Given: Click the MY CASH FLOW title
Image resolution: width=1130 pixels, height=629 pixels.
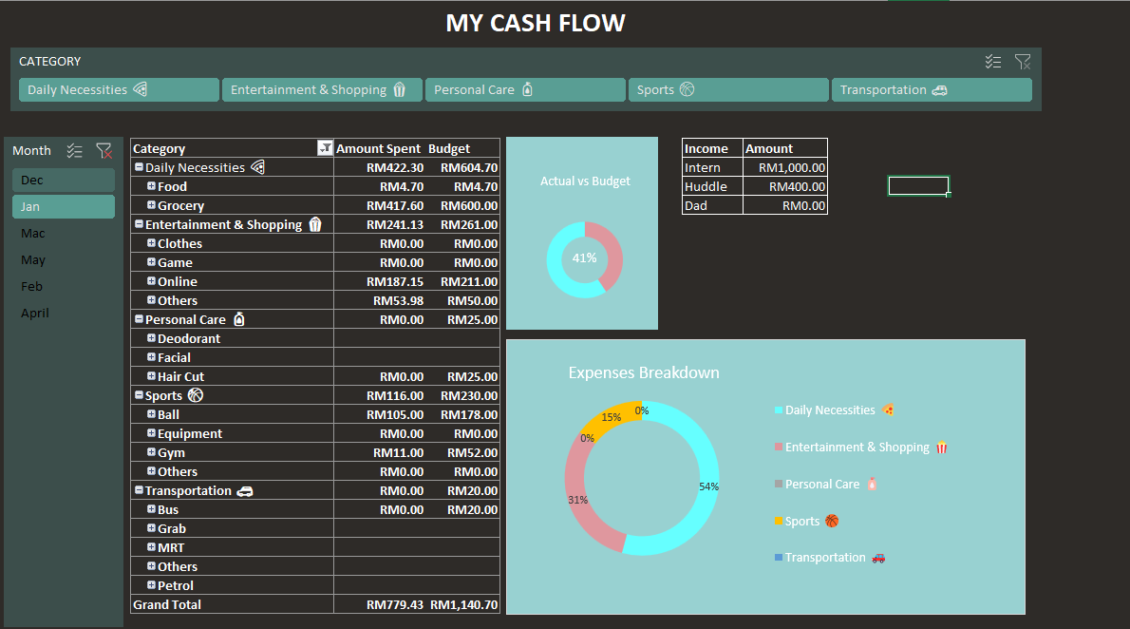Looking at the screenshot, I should pos(536,23).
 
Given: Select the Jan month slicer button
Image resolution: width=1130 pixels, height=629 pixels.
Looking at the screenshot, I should pos(63,206).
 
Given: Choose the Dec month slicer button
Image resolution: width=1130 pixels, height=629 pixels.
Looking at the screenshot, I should pos(63,180).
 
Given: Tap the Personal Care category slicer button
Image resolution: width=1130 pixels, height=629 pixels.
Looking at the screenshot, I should pos(525,90).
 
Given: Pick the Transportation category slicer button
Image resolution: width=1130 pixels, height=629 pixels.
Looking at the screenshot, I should pos(931,90).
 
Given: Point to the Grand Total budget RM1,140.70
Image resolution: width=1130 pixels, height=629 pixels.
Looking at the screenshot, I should pos(463,604).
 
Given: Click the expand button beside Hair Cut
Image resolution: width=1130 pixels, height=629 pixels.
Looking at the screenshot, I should pos(151,376).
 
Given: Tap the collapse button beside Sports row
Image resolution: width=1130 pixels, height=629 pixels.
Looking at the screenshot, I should pos(139,395).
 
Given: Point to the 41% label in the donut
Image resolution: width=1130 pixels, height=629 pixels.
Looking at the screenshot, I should pos(584,257).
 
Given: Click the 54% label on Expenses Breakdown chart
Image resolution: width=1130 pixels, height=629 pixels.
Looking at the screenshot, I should pos(708,486).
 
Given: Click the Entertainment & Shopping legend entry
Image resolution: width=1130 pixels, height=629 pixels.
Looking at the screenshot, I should pos(857,448).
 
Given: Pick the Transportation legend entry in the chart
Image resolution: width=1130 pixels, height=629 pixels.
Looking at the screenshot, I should pos(825,558).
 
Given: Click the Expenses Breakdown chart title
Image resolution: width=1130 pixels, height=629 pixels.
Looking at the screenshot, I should pos(644,372).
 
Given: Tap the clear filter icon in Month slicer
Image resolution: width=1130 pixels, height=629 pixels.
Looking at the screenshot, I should pos(104,150).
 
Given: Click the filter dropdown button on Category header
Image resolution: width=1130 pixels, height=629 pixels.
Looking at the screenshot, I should pos(325,148).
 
